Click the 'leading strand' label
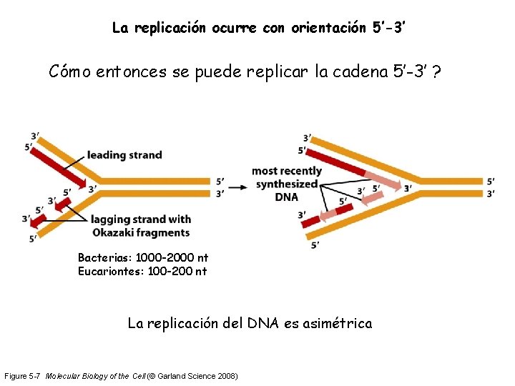(124, 155)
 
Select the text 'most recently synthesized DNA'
(287, 184)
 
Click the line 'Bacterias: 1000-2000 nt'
(143, 257)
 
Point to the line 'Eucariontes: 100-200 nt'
(142, 271)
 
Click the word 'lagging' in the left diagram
(111, 219)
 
